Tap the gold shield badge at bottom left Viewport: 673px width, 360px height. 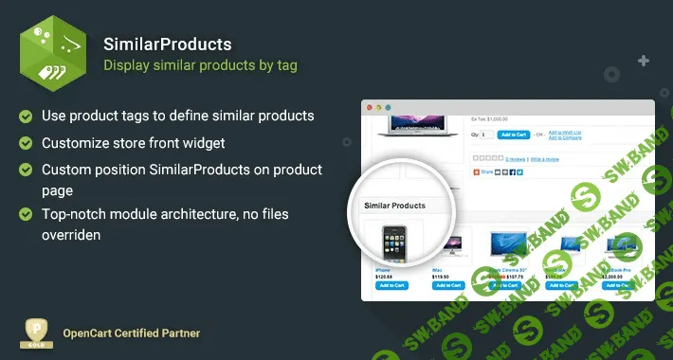(36, 334)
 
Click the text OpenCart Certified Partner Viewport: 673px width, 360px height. (131, 334)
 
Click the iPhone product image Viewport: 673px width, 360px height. (391, 243)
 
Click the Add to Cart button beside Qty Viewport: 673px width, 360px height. (511, 135)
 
